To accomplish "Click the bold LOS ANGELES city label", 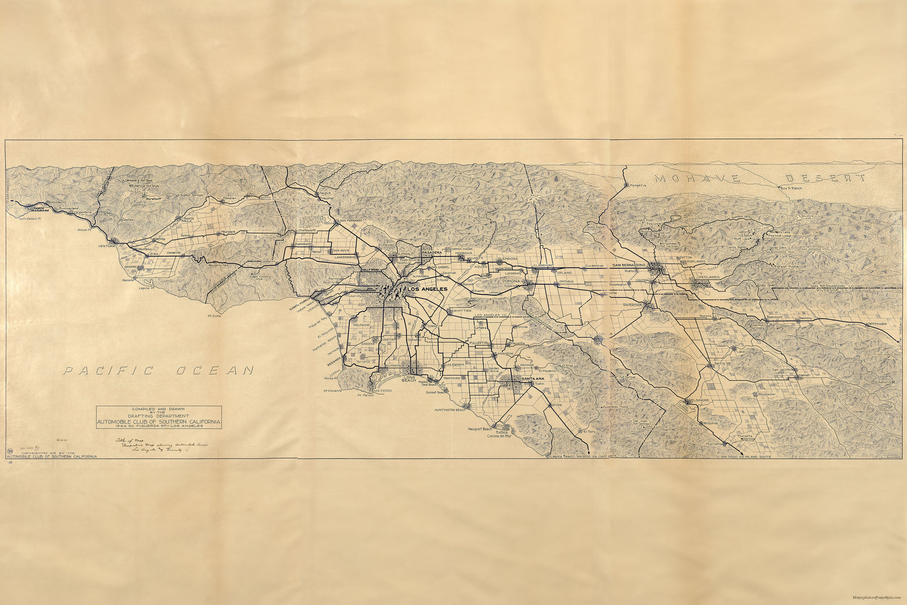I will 428,290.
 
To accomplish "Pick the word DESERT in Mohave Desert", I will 825,178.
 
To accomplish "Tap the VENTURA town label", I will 107,246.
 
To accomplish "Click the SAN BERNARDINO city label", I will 629,266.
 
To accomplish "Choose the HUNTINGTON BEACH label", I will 450,410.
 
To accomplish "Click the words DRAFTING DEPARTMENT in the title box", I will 159,416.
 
